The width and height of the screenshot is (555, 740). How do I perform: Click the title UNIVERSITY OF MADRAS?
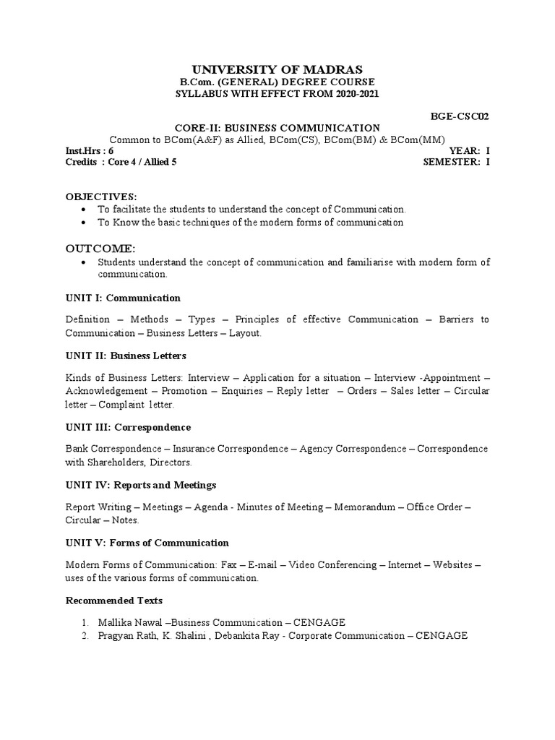pyautogui.click(x=277, y=69)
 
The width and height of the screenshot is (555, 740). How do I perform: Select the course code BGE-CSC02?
pyautogui.click(x=460, y=115)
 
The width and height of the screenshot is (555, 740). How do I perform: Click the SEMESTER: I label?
pyautogui.click(x=456, y=162)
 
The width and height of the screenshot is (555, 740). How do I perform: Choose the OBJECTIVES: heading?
pyautogui.click(x=100, y=197)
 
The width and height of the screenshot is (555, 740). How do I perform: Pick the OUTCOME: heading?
pyautogui.click(x=100, y=249)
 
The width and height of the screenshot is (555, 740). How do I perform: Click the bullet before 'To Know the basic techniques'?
pyautogui.click(x=85, y=223)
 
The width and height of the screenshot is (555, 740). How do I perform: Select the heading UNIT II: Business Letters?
pyautogui.click(x=126, y=356)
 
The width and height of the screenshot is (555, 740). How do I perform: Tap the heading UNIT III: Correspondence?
pyautogui.click(x=128, y=427)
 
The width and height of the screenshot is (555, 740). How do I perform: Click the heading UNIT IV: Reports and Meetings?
pyautogui.click(x=141, y=485)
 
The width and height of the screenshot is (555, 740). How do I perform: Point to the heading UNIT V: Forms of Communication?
pyautogui.click(x=147, y=543)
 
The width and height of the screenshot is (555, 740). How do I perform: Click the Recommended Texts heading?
pyautogui.click(x=113, y=601)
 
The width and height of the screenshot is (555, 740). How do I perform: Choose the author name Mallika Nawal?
pyautogui.click(x=129, y=622)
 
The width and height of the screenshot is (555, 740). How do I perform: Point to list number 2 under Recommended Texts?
pyautogui.click(x=84, y=636)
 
